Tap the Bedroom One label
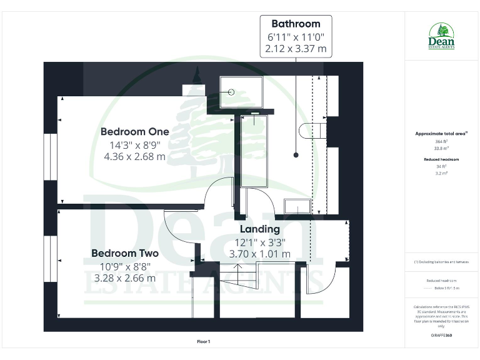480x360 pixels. [x=134, y=132]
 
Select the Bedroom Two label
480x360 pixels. [x=125, y=253]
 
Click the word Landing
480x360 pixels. [x=259, y=229]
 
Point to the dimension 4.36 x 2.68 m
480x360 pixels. [x=134, y=157]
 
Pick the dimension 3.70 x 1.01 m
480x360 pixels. [x=259, y=254]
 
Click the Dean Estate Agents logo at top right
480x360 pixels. [x=441, y=35]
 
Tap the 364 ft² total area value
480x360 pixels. [x=441, y=142]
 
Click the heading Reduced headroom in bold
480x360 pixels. [x=441, y=160]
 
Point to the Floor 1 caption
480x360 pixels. [x=203, y=342]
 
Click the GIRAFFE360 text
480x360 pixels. [x=441, y=336]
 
